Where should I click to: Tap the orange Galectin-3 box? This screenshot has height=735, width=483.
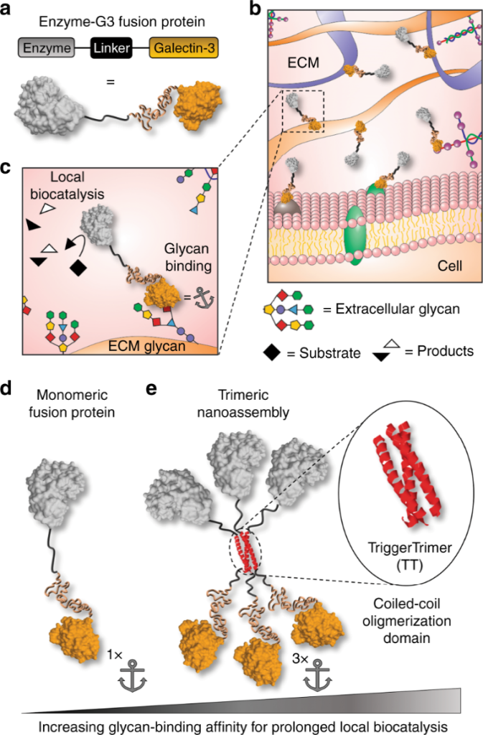(x=179, y=50)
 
